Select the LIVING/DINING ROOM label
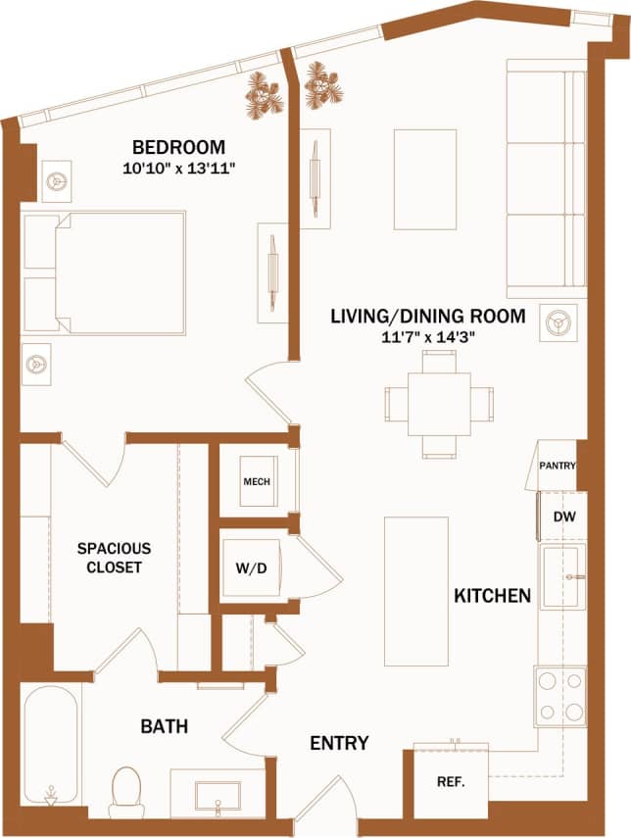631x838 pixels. click(427, 317)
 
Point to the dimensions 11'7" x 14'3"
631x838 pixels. click(427, 336)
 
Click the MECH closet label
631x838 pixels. click(256, 482)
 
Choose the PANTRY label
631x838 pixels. click(557, 466)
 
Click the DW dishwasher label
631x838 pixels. click(562, 517)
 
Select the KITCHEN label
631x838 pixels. click(492, 595)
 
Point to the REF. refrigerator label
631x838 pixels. click(449, 782)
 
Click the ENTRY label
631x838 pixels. click(339, 743)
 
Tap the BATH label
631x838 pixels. click(164, 726)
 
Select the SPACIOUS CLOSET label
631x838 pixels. click(115, 557)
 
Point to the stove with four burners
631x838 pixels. click(560, 696)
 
